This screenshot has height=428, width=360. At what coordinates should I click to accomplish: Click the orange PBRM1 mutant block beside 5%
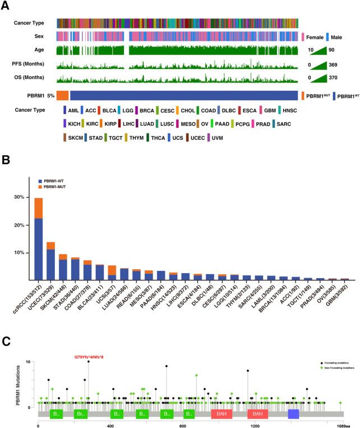[x=62, y=96]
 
